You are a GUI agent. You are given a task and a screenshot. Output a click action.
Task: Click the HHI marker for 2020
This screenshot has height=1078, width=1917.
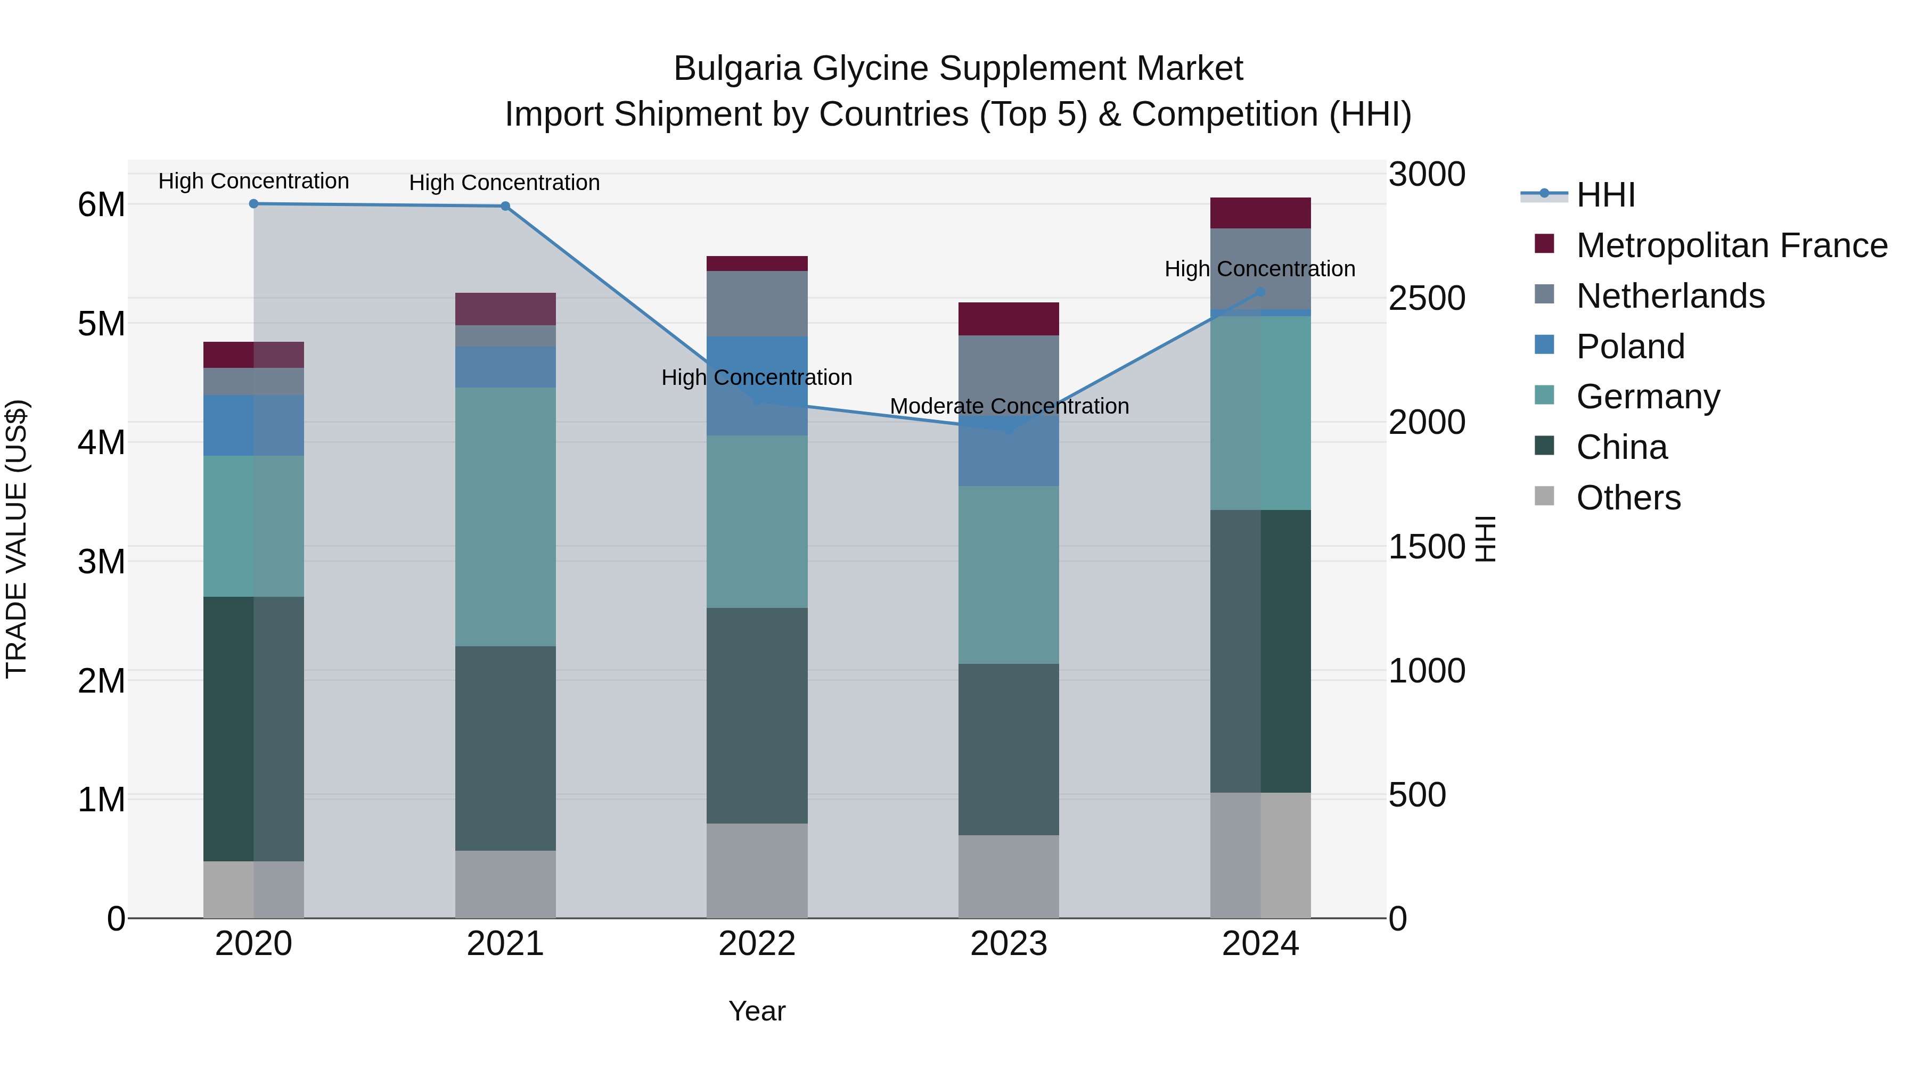point(254,204)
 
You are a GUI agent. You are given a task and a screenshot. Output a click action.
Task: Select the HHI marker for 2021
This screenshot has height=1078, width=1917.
point(505,206)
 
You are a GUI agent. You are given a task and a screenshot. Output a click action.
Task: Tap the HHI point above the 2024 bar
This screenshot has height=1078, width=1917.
point(1260,292)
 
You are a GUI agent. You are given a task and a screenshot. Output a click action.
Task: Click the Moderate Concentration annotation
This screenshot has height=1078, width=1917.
point(1009,406)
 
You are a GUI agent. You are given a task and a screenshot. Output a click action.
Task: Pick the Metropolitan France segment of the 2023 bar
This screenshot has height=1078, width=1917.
point(1009,319)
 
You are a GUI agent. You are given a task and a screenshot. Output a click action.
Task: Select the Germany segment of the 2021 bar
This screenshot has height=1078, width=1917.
point(505,516)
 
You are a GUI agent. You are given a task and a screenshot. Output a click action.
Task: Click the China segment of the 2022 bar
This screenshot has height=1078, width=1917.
point(757,715)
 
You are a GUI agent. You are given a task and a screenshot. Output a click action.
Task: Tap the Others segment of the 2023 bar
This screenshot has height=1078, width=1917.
point(1009,876)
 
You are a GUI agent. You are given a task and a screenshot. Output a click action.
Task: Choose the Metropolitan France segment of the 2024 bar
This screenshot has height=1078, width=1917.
point(1260,213)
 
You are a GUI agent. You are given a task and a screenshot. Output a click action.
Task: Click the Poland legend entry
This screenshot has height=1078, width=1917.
point(1630,347)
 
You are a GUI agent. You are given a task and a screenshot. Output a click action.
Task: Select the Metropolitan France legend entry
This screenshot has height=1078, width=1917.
point(1731,245)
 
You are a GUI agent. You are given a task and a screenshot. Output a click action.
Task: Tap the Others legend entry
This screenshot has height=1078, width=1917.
point(1628,498)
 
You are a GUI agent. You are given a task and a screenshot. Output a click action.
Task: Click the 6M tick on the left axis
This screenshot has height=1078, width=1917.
point(101,204)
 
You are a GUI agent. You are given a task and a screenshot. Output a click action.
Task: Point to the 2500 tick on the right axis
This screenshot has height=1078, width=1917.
point(1427,298)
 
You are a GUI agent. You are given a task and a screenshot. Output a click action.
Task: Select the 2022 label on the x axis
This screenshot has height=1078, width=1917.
point(757,944)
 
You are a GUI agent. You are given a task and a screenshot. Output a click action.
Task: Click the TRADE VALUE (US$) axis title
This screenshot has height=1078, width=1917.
point(17,539)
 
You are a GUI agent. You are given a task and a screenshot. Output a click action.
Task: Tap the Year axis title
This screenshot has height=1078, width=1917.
point(757,1011)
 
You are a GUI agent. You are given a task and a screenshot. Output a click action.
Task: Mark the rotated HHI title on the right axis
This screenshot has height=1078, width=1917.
point(1485,539)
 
